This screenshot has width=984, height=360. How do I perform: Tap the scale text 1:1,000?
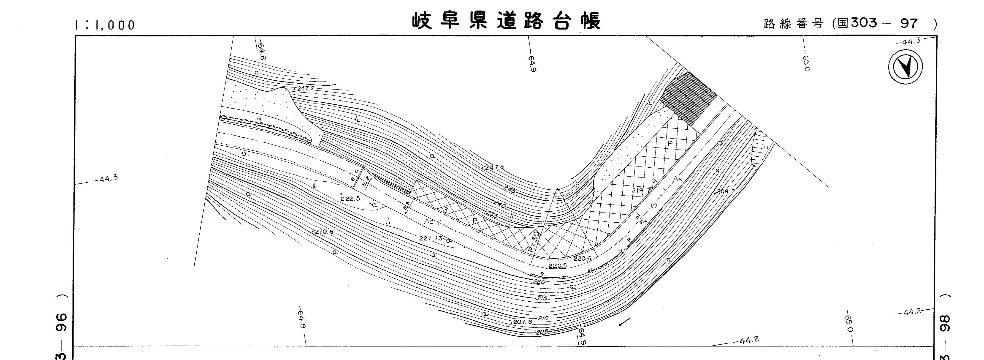105,25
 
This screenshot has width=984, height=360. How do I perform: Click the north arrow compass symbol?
905,67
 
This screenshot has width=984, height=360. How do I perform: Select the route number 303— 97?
884,24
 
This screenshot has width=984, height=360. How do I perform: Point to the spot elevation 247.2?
306,88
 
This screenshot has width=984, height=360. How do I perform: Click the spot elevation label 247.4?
494,167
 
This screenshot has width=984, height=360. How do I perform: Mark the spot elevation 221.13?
431,238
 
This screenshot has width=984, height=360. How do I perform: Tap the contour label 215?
542,298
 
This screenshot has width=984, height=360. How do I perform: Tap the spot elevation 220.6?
582,258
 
